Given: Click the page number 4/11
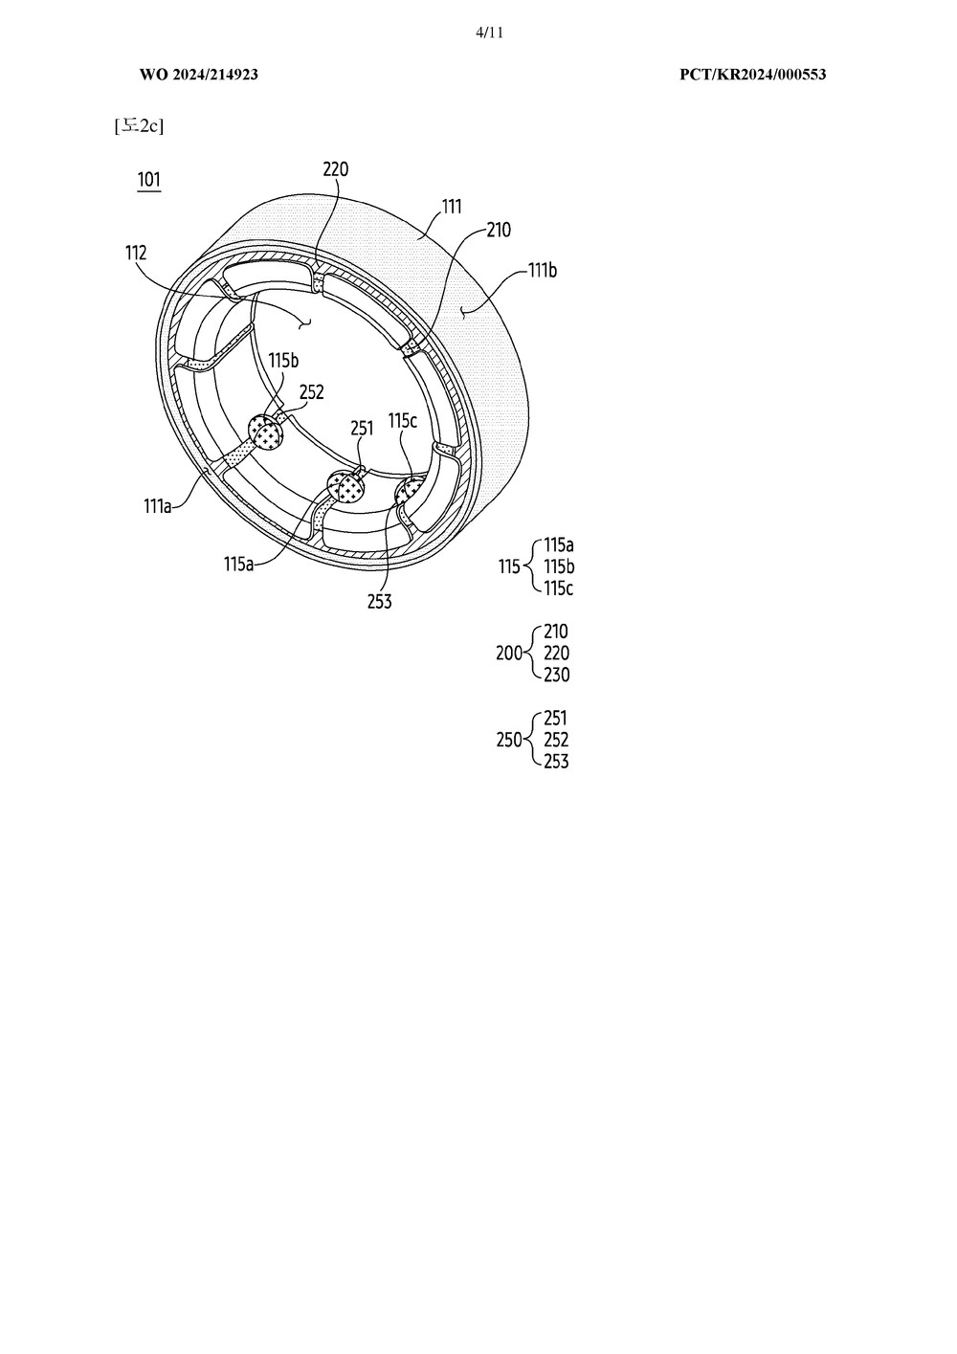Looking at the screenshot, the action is pyautogui.click(x=490, y=33).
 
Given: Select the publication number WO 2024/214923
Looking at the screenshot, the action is pyautogui.click(x=199, y=75).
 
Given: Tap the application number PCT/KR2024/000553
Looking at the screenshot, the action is pyautogui.click(x=752, y=75).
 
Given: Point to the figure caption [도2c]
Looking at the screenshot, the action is pyautogui.click(x=139, y=125).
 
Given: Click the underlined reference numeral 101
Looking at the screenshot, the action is pyautogui.click(x=149, y=180).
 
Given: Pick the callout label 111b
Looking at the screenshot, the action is pyautogui.click(x=543, y=270).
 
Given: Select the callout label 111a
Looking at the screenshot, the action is pyautogui.click(x=158, y=506).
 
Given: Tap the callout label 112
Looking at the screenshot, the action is pyautogui.click(x=136, y=253).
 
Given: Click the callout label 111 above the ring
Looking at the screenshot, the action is pyautogui.click(x=452, y=207).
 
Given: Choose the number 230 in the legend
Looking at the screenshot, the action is pyautogui.click(x=556, y=675).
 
